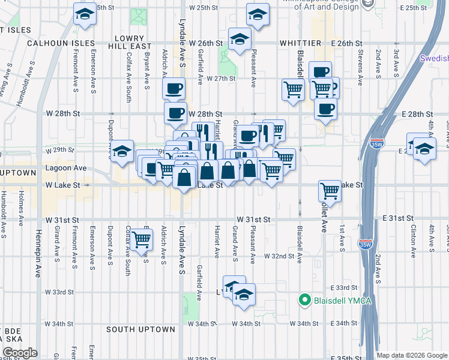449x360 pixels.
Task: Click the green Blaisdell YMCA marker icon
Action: point(304,299)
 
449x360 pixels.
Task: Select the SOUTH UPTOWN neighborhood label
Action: point(140,329)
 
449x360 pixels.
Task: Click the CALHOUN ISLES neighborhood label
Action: point(61,43)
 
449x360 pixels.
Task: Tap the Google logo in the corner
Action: point(19,353)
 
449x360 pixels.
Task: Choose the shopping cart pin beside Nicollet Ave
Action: point(330,191)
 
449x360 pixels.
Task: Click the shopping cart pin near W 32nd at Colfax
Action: point(141,240)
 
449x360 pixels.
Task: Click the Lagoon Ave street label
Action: point(70,169)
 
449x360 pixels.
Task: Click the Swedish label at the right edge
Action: point(434,58)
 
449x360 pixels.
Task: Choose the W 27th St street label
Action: point(221,79)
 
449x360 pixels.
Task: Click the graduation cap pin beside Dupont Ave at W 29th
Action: point(122,152)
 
